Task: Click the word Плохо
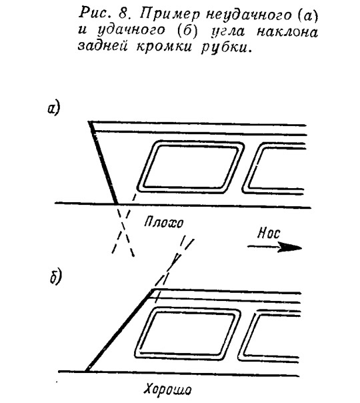(163, 222)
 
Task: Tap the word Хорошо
(167, 388)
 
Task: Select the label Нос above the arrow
(269, 233)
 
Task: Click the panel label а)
(53, 109)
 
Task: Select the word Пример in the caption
(169, 15)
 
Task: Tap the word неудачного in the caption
(249, 15)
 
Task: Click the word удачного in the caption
(131, 31)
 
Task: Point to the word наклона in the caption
(287, 32)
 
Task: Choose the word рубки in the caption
(225, 47)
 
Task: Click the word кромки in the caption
(164, 46)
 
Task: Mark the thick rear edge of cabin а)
(103, 162)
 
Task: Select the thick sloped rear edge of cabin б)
(119, 330)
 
